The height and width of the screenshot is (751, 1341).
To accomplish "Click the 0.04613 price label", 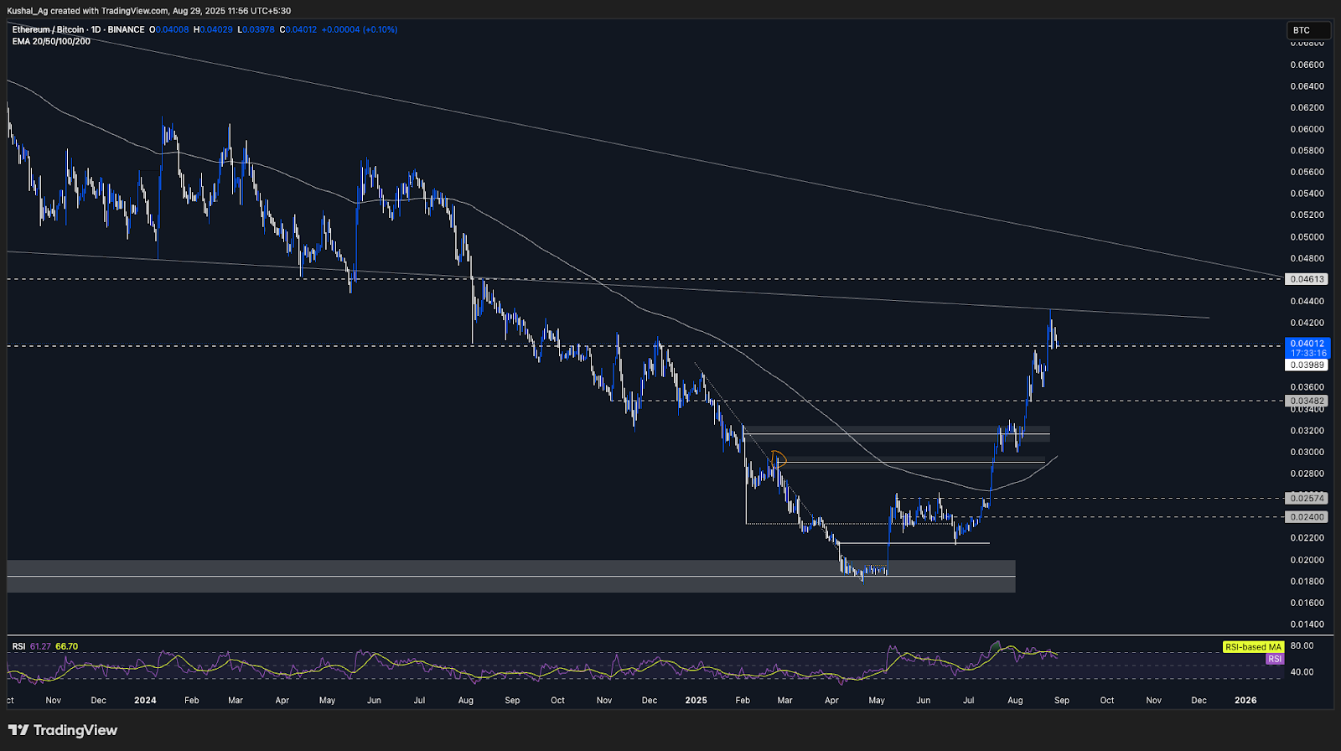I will point(1307,279).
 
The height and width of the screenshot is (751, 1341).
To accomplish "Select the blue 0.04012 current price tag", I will point(1307,344).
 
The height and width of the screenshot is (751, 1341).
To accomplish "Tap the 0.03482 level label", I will point(1307,401).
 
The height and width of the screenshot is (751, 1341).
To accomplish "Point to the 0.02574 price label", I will point(1307,498).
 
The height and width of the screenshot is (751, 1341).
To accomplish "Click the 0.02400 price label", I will point(1307,517).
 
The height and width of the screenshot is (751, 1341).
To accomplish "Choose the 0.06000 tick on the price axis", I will point(1307,129).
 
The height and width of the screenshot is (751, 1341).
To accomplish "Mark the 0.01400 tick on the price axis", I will point(1307,624).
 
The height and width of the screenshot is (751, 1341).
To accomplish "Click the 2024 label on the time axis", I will point(145,700).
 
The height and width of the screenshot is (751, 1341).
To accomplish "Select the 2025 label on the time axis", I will point(696,700).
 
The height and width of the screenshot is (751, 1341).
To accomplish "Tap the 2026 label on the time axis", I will point(1245,700).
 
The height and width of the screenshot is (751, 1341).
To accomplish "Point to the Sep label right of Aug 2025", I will point(1062,700).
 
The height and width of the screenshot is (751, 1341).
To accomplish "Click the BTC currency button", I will point(1307,30).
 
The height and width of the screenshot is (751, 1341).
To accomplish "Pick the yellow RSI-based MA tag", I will point(1253,647).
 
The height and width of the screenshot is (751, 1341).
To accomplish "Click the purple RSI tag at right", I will point(1274,659).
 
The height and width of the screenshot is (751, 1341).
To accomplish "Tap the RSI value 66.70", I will point(66,646).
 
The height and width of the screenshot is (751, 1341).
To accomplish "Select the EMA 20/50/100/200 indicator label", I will point(51,41).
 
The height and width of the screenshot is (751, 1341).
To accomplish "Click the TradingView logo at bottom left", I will point(63,730).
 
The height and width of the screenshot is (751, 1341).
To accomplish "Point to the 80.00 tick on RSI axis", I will point(1302,646).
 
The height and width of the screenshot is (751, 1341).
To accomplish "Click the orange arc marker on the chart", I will point(779,456).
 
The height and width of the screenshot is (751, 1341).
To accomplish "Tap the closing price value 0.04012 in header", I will point(301,29).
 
